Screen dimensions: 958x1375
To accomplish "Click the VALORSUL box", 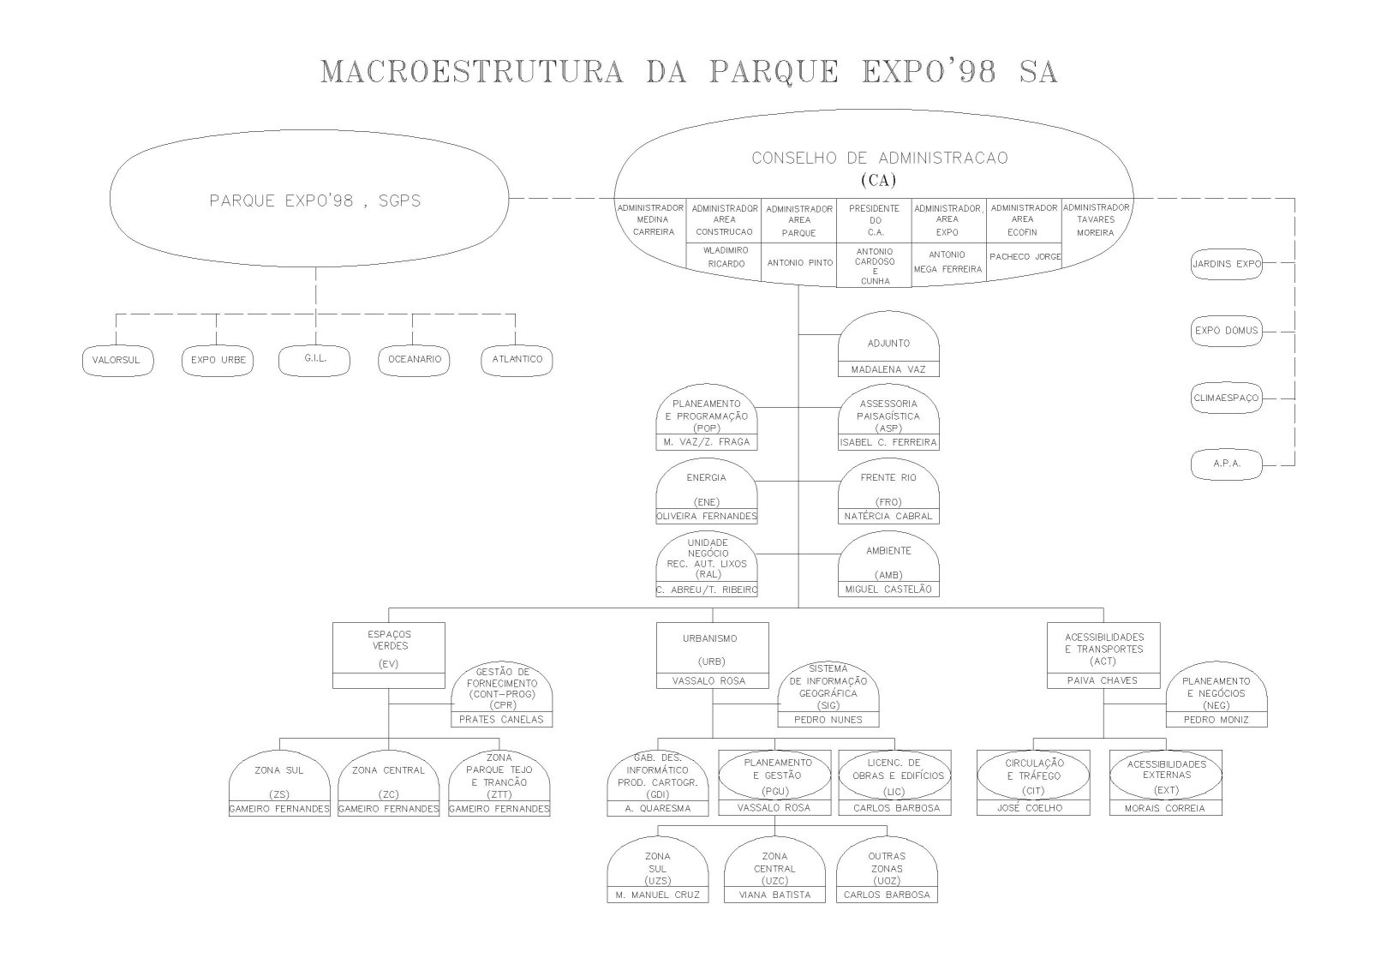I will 116,361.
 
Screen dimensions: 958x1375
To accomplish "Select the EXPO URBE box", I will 218,361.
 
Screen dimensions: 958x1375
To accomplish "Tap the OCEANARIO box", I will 415,360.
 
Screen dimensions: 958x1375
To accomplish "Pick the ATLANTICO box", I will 517,360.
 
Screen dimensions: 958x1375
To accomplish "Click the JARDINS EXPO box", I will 1227,265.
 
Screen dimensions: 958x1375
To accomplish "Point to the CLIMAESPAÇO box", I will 1227,398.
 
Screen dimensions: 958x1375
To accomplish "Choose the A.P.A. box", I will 1227,464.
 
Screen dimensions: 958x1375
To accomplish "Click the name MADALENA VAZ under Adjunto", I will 888,369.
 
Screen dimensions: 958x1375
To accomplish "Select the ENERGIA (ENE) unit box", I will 707,490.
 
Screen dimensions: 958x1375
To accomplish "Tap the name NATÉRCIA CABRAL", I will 888,517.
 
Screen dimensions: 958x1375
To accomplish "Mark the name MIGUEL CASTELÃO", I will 888,590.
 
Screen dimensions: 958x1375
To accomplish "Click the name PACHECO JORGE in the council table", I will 1025,257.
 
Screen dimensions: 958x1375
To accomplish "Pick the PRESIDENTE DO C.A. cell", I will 874,220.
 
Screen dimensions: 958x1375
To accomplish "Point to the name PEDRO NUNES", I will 828,720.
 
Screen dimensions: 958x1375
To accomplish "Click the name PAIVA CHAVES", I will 1103,680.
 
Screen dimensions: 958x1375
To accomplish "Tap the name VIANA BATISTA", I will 774,895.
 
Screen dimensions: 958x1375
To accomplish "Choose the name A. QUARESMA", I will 658,808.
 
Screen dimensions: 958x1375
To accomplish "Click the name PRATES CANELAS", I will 501,720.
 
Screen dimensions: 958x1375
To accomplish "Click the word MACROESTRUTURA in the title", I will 471,72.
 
